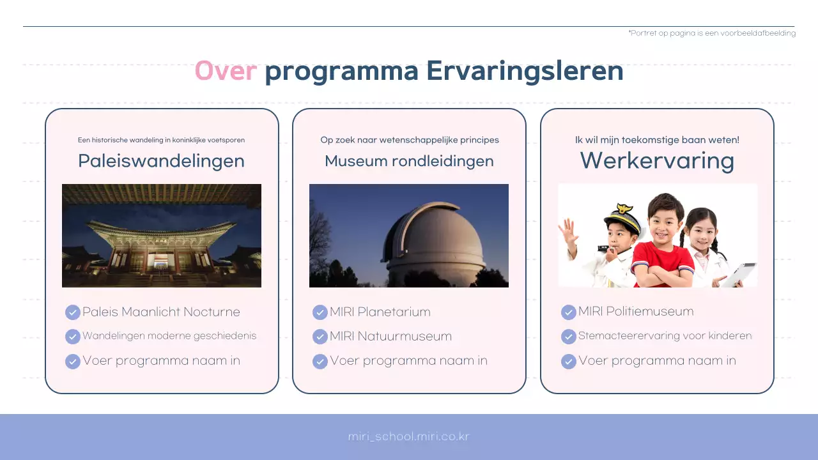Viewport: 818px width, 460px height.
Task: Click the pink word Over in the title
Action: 226,71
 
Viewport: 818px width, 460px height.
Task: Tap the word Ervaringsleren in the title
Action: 525,71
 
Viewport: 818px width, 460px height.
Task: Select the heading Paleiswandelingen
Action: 161,161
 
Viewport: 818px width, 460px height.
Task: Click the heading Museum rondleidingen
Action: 409,161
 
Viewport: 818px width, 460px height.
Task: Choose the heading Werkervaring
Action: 657,160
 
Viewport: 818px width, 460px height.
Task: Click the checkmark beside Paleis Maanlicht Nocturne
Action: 73,312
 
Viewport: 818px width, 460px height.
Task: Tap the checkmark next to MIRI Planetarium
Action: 320,312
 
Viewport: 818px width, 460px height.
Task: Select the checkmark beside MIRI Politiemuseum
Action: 569,312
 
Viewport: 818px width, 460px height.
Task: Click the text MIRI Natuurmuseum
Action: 390,336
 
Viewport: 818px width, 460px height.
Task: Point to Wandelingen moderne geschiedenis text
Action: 169,336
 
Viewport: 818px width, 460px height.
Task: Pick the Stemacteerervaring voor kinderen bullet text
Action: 665,336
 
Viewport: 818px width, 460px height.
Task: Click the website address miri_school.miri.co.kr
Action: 409,437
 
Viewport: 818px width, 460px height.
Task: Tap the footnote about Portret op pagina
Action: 712,33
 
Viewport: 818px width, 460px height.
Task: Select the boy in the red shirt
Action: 663,246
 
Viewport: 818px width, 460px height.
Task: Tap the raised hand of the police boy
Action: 568,233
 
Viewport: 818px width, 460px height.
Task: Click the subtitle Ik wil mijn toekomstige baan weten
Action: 657,140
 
